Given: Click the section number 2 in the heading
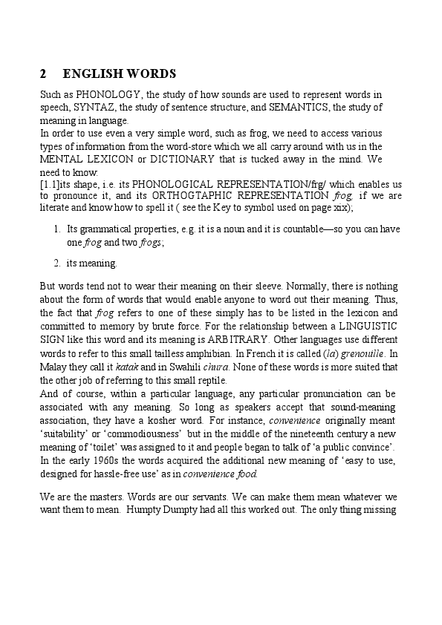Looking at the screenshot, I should (x=43, y=74).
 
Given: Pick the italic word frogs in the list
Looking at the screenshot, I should (x=149, y=241).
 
